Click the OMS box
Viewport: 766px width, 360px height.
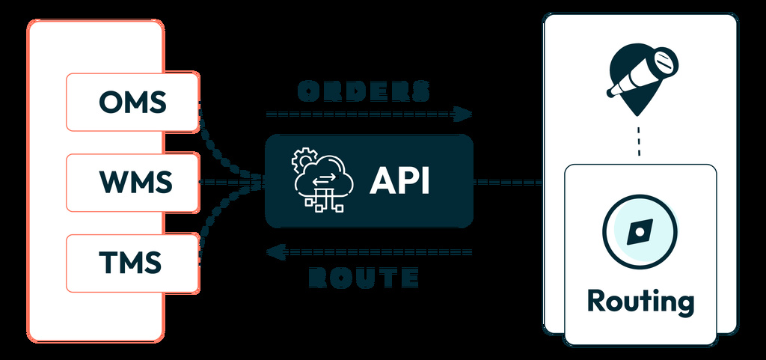(x=132, y=102)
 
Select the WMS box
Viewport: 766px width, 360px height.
(x=132, y=182)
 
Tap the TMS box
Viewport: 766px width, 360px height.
(x=132, y=262)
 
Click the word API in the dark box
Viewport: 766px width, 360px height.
(x=399, y=182)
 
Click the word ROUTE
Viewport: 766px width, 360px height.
(x=364, y=278)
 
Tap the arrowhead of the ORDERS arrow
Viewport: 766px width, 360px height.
(x=464, y=114)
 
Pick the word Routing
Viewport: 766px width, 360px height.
(x=640, y=301)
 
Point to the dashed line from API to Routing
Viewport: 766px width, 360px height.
(x=509, y=181)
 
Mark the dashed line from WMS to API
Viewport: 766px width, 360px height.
(x=228, y=182)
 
